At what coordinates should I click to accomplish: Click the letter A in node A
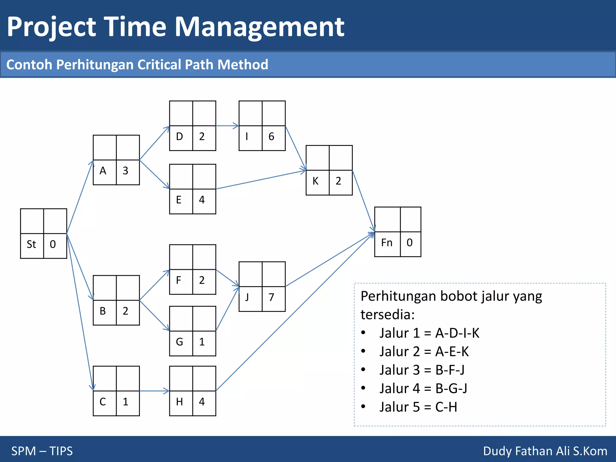click(103, 171)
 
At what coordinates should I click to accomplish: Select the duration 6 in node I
click(271, 137)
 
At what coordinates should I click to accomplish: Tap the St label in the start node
click(31, 244)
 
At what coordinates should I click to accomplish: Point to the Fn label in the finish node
click(387, 243)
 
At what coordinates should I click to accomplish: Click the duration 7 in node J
click(271, 297)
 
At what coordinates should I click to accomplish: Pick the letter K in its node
click(315, 181)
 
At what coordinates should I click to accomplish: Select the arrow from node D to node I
click(227, 126)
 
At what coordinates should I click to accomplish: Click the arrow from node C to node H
click(154, 391)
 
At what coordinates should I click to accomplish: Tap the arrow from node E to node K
click(260, 180)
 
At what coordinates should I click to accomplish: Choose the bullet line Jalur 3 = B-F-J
click(422, 370)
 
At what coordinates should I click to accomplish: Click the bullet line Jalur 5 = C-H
click(418, 407)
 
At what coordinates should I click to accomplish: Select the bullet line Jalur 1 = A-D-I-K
click(429, 333)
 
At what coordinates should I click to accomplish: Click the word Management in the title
click(259, 27)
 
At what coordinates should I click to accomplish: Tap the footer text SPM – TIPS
click(42, 451)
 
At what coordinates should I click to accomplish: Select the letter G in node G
click(179, 342)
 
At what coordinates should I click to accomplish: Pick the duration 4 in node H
click(202, 402)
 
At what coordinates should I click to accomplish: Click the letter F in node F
click(179, 280)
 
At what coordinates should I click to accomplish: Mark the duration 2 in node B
click(125, 311)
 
